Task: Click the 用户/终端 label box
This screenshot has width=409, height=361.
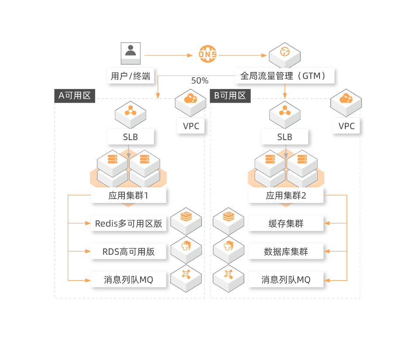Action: pos(130,76)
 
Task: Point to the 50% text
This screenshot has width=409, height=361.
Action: pos(200,81)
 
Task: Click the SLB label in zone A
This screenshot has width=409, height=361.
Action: pos(130,137)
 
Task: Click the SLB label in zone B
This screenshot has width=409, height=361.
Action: pos(285,137)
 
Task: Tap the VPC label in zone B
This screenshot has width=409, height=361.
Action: pos(347,126)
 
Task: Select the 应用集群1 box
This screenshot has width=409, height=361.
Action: pos(128,196)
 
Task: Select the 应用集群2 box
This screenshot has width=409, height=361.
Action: pos(286,196)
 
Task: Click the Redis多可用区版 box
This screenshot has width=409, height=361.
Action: pos(128,224)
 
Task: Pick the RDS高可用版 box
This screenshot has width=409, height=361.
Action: pos(128,251)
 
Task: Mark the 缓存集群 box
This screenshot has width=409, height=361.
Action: pos(286,224)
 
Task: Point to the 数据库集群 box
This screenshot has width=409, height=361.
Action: pos(286,251)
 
